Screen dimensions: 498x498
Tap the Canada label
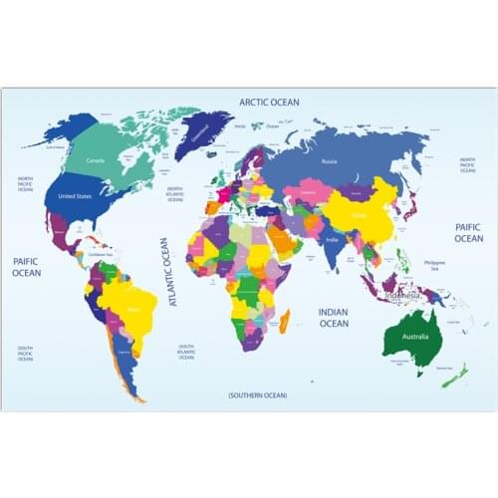tap(96, 159)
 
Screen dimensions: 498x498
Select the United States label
tap(75, 196)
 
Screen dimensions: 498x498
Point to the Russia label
tap(329, 159)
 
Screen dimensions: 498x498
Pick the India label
tap(332, 239)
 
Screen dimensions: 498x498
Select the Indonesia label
tap(403, 295)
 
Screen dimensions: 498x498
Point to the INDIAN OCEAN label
tap(334, 317)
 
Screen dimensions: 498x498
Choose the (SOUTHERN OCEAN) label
tap(257, 395)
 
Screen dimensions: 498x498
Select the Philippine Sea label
tap(434, 265)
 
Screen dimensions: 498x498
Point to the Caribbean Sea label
tap(101, 254)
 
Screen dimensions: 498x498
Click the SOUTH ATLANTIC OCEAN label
tap(186, 352)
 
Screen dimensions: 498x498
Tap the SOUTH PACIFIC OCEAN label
tap(25, 352)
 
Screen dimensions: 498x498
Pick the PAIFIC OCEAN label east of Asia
tap(469, 233)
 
